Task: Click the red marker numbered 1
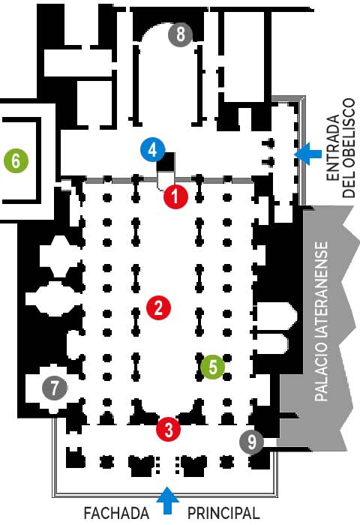tap(175, 196)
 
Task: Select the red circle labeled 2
tap(158, 307)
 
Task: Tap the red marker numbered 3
tap(169, 429)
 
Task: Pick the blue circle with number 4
tap(153, 150)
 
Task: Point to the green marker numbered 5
tap(213, 367)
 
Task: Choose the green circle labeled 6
tap(16, 160)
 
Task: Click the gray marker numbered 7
tap(54, 388)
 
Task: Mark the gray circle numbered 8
tap(180, 34)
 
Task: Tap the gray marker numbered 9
tap(252, 442)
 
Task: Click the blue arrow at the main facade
tap(167, 500)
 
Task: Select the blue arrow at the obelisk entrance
tap(307, 154)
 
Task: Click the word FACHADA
tap(116, 513)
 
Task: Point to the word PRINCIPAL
tap(223, 513)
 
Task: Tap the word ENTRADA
tap(333, 148)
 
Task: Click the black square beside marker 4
tap(166, 162)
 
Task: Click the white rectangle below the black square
tap(166, 178)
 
